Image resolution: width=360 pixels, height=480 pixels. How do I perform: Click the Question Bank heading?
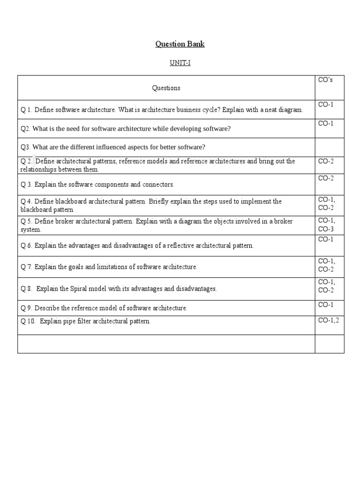point(180,45)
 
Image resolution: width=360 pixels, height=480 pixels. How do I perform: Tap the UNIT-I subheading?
point(180,63)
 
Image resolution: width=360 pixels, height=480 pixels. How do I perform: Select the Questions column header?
point(166,88)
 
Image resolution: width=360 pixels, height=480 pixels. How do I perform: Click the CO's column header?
point(325,80)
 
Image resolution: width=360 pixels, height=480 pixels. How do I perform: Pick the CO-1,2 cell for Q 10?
point(328,321)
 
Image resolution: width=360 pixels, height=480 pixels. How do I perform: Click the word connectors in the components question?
point(158,185)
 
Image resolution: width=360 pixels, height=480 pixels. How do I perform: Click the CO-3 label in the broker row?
point(326,229)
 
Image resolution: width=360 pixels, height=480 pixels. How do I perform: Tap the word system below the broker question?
point(30,230)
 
